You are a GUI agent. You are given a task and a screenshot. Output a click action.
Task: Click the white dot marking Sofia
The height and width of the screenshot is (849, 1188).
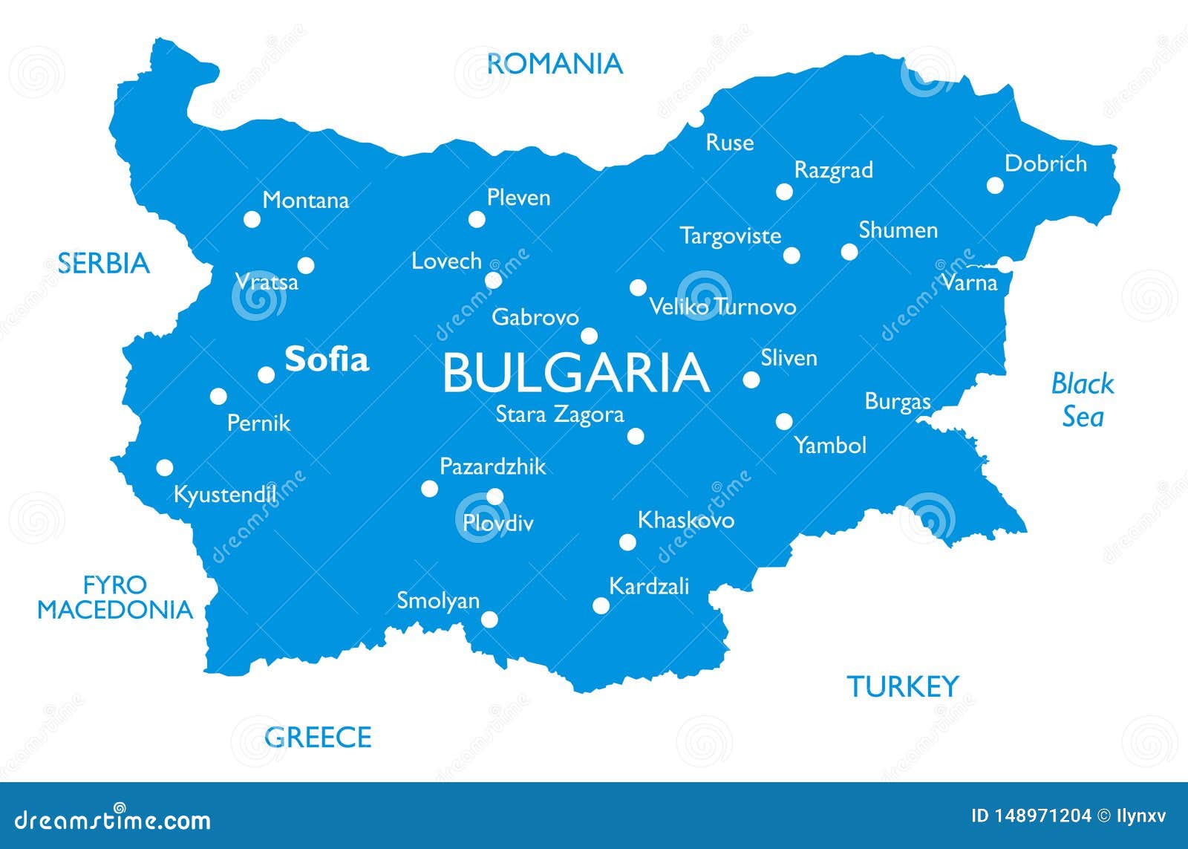click(267, 374)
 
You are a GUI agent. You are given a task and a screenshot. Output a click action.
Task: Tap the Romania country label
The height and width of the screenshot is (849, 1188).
click(554, 64)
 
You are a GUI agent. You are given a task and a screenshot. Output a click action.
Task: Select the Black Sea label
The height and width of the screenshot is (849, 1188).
click(1082, 400)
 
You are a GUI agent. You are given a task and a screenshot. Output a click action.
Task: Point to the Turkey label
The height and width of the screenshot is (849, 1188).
click(902, 686)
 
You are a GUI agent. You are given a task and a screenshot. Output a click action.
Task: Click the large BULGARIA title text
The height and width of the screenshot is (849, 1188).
click(575, 373)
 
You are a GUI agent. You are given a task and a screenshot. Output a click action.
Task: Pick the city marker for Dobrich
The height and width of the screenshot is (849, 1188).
click(995, 185)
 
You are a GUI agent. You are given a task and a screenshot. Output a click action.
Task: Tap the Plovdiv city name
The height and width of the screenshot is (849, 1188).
click(497, 523)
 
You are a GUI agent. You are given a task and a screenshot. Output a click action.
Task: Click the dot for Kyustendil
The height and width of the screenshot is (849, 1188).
click(165, 468)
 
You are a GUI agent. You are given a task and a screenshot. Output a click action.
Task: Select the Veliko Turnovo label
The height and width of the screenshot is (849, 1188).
click(722, 306)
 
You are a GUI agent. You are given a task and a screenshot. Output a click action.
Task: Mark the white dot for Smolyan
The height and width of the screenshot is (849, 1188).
click(489, 619)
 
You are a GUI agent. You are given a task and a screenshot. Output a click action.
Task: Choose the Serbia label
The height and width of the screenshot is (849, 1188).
click(104, 263)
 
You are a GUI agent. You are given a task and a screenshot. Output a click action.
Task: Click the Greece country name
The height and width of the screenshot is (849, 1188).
click(318, 737)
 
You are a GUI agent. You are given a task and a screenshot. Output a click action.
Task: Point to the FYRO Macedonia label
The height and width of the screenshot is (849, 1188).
click(115, 597)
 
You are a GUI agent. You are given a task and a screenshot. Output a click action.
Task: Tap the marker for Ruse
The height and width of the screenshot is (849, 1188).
click(696, 119)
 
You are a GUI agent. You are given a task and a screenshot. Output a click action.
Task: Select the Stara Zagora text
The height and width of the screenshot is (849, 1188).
click(559, 414)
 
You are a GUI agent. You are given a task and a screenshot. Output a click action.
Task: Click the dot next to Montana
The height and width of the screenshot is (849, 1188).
click(252, 219)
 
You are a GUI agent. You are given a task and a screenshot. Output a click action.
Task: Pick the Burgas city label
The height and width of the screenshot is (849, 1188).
click(897, 402)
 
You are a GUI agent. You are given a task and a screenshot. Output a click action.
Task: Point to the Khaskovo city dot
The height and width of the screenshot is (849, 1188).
click(627, 542)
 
